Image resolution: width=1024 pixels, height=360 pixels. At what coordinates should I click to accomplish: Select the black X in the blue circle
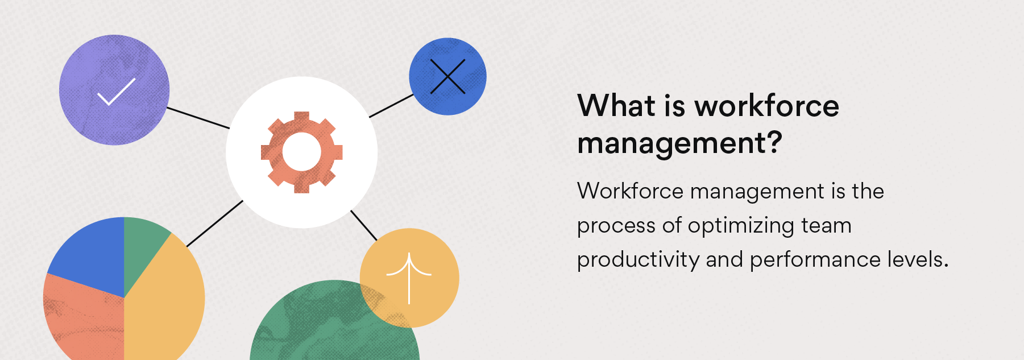click(447, 76)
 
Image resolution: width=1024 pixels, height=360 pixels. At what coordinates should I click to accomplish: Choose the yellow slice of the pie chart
click(165, 301)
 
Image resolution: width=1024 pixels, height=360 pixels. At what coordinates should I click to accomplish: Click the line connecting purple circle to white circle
click(198, 118)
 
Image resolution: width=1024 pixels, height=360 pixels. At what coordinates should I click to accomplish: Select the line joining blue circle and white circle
click(391, 106)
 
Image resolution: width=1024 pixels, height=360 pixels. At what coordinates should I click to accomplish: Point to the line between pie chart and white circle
click(214, 224)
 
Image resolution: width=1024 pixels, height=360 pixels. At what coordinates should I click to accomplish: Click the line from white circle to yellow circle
click(364, 225)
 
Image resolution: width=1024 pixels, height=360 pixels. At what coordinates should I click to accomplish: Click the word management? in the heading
click(679, 143)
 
